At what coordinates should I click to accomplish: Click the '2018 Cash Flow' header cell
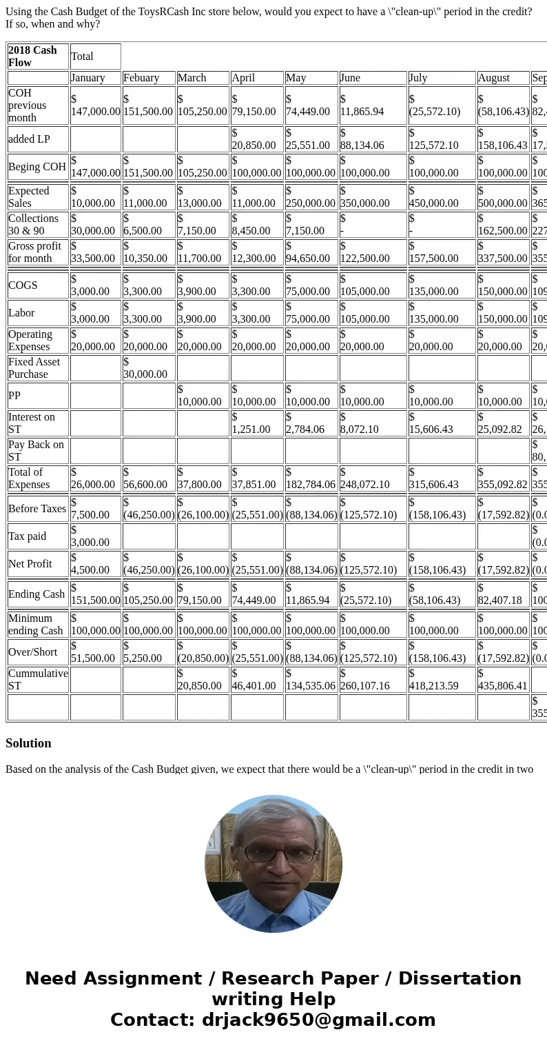(38, 57)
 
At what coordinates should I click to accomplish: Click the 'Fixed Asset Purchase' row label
(37, 368)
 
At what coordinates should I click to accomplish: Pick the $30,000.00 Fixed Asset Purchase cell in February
(148, 368)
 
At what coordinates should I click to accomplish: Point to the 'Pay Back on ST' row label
(37, 451)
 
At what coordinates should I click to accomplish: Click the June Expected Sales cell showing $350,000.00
(365, 197)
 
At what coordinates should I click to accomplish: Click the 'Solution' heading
(28, 743)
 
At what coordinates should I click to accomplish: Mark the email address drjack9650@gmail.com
(318, 1020)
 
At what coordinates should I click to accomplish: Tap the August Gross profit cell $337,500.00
(502, 252)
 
